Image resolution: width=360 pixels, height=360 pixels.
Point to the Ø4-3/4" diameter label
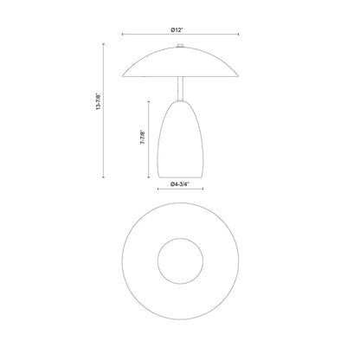click(179, 185)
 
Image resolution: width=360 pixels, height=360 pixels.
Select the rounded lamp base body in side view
click(179, 138)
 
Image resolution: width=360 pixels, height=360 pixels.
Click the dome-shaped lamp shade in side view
click(179, 62)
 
